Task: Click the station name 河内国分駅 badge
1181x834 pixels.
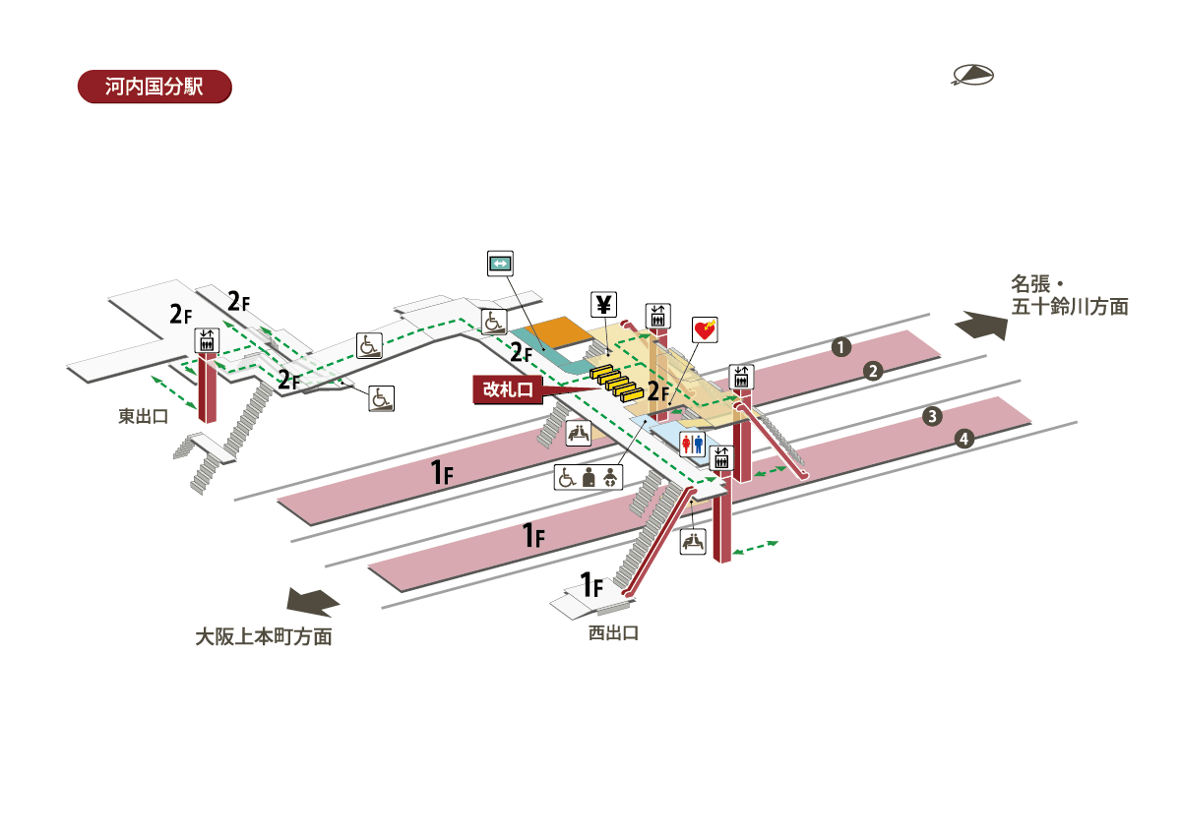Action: point(154,87)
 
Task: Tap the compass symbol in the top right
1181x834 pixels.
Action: point(972,76)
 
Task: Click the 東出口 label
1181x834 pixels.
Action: point(144,417)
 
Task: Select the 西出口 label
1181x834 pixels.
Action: point(613,633)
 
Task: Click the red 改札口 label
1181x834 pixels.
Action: point(507,389)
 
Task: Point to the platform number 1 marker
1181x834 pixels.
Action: point(839,346)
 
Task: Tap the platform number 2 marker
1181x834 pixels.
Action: point(872,371)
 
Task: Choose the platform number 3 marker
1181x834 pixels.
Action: point(932,416)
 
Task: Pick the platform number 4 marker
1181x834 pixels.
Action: point(964,440)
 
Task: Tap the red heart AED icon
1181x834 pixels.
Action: point(705,329)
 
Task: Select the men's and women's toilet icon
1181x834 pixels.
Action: point(693,445)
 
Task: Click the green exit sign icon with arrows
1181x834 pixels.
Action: point(501,263)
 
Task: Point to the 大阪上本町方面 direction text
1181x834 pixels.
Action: point(263,637)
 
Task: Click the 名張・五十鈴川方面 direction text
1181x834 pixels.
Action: point(1069,295)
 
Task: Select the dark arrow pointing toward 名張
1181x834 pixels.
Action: point(983,325)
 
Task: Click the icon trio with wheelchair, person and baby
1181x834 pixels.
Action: point(588,478)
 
